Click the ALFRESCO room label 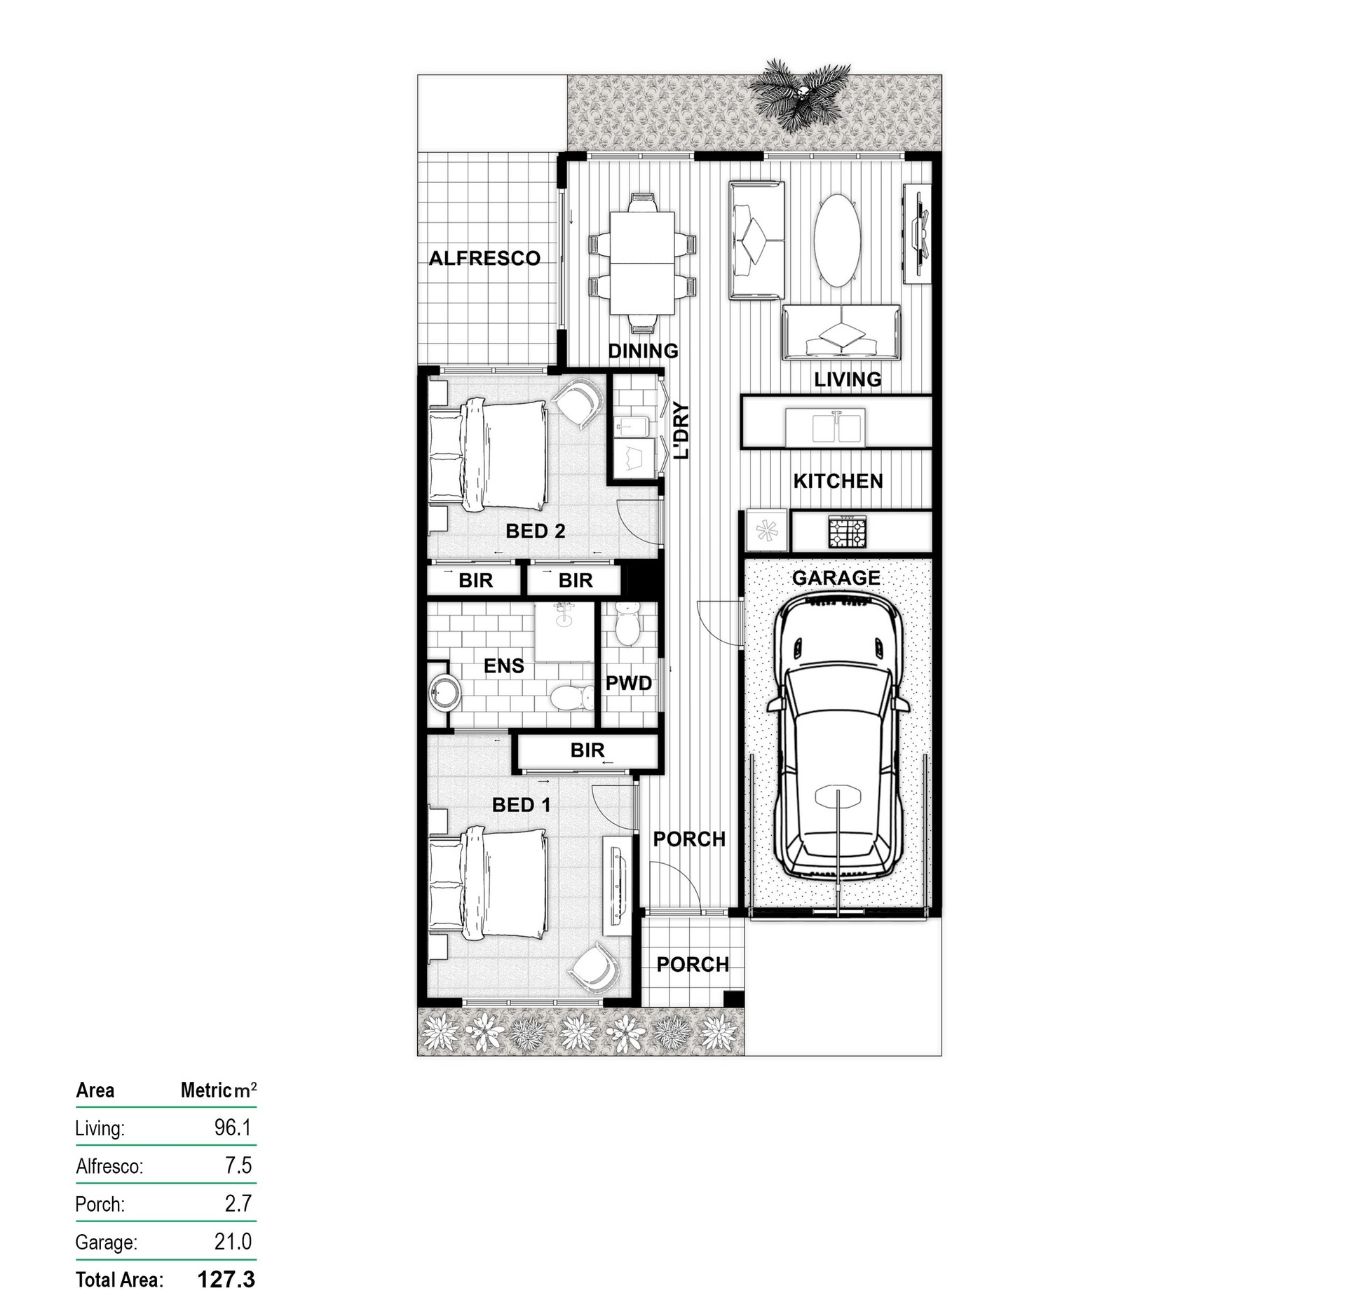point(484,259)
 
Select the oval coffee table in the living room point(836,240)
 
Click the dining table point(643,263)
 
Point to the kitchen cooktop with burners point(848,533)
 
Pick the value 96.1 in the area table point(233,1127)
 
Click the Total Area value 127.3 point(226,1280)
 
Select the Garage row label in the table point(106,1242)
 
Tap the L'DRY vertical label point(681,431)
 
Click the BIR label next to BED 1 point(587,750)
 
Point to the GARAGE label point(836,578)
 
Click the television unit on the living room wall point(917,234)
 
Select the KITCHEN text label point(838,481)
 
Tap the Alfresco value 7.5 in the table point(238,1165)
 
